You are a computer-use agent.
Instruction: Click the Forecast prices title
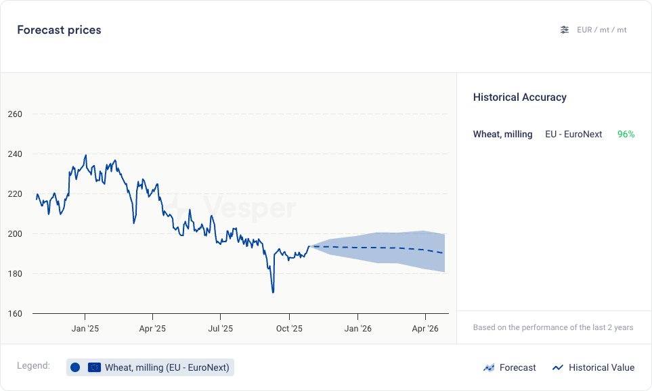point(59,30)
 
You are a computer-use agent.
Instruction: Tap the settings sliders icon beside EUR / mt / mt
point(565,30)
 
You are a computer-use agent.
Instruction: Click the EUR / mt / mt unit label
point(601,30)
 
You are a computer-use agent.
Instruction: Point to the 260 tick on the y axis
point(15,114)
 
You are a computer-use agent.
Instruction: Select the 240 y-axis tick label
point(15,154)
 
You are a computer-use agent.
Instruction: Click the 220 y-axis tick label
point(15,194)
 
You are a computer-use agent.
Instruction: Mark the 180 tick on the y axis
point(15,274)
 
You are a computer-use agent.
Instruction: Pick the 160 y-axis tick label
point(15,314)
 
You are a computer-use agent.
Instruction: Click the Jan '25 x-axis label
point(85,329)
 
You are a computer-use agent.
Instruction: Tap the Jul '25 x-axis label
point(221,329)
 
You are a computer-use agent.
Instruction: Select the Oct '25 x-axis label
point(289,329)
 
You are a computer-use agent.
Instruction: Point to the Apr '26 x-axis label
point(425,329)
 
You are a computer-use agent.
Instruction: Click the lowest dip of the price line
point(273,292)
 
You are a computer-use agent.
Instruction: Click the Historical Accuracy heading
point(519,97)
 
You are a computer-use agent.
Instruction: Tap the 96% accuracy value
point(626,135)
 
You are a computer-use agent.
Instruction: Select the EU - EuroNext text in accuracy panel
point(573,135)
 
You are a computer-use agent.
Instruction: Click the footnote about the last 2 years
point(553,327)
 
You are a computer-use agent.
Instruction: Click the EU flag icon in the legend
point(94,367)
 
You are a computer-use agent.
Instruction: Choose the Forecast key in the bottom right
point(510,368)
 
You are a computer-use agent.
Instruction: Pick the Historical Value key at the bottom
point(593,368)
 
